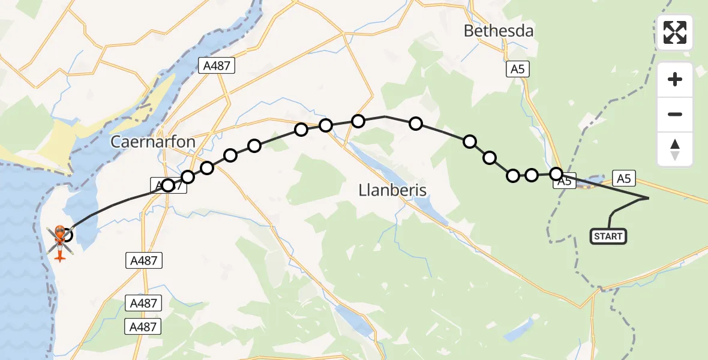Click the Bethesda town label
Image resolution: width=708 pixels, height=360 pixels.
pyautogui.click(x=499, y=31)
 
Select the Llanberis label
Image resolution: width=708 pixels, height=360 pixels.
pyautogui.click(x=392, y=190)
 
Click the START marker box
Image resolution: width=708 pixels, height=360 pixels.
pyautogui.click(x=608, y=236)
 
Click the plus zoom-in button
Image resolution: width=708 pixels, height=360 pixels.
pyautogui.click(x=675, y=79)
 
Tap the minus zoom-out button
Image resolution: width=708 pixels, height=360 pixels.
pyautogui.click(x=675, y=114)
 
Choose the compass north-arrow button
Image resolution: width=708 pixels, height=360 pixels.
pyautogui.click(x=675, y=149)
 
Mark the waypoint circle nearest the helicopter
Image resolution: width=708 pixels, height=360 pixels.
pyautogui.click(x=67, y=235)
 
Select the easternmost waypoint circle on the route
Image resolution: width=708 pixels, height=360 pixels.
pyautogui.click(x=556, y=174)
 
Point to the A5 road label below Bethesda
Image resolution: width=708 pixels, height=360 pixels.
pyautogui.click(x=517, y=70)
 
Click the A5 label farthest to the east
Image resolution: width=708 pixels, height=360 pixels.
pyautogui.click(x=623, y=178)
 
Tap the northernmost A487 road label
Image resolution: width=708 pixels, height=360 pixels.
pyautogui.click(x=217, y=65)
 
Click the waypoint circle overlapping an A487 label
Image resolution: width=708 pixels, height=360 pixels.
pyautogui.click(x=169, y=185)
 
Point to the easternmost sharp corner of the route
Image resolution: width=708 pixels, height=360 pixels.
pyautogui.click(x=649, y=197)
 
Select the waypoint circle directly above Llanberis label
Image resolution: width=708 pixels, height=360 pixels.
pyautogui.click(x=415, y=124)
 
